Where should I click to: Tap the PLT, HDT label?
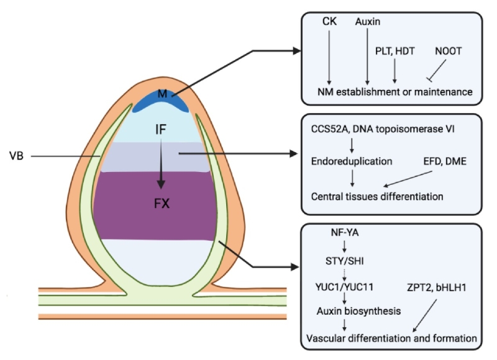click(396, 49)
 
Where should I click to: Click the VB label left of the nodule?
click(18, 156)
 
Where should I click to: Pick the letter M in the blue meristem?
click(162, 94)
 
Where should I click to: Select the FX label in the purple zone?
click(162, 202)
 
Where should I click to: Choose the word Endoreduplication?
click(352, 161)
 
